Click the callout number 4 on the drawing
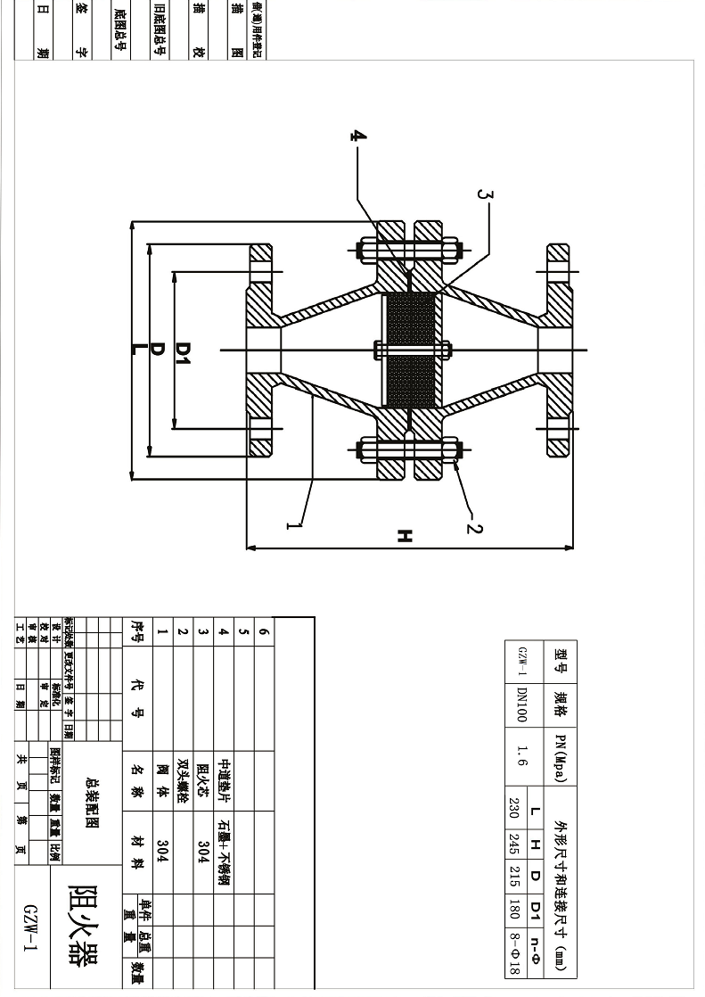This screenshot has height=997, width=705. click(357, 136)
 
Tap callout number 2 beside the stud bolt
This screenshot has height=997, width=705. click(475, 528)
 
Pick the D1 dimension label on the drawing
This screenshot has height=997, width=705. click(183, 350)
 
